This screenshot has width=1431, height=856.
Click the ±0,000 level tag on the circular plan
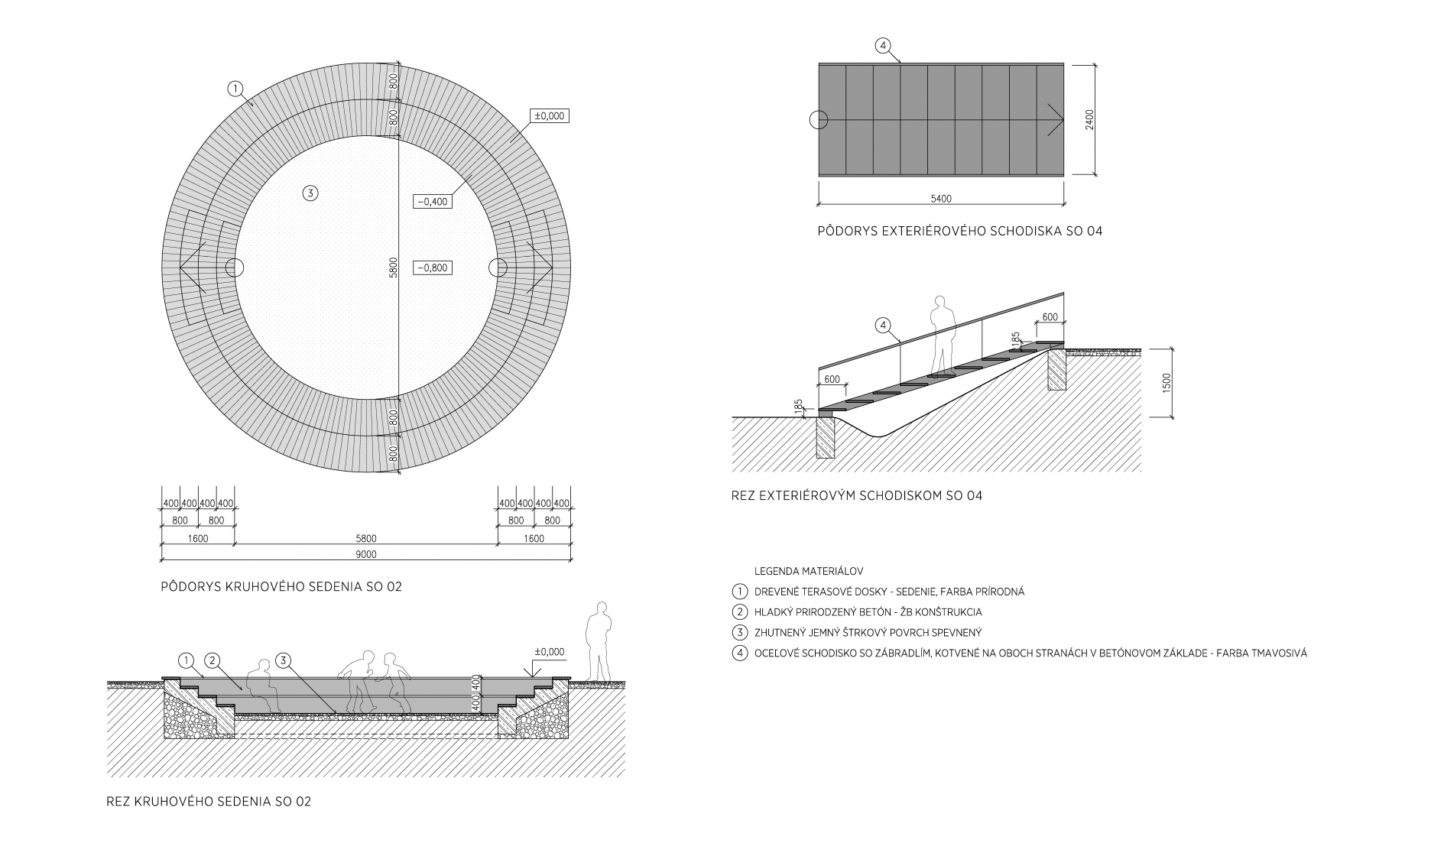(550, 116)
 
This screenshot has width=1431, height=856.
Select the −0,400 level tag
(432, 202)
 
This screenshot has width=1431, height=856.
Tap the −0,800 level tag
(432, 268)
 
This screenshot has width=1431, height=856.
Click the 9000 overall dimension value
(366, 555)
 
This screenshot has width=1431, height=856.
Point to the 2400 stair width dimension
(1089, 119)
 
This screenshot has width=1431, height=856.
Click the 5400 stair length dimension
(941, 199)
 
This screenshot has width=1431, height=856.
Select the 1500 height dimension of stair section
(1166, 382)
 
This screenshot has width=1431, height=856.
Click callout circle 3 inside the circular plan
(310, 193)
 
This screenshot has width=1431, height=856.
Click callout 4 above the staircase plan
(883, 46)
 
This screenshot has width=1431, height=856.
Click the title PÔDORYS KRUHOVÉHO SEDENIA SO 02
(281, 587)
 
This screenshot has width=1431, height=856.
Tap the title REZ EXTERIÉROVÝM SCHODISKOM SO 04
(856, 495)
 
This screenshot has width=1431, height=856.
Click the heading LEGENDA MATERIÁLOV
(809, 571)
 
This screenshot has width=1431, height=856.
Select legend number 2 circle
(739, 612)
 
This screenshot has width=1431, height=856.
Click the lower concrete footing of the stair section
(825, 436)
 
